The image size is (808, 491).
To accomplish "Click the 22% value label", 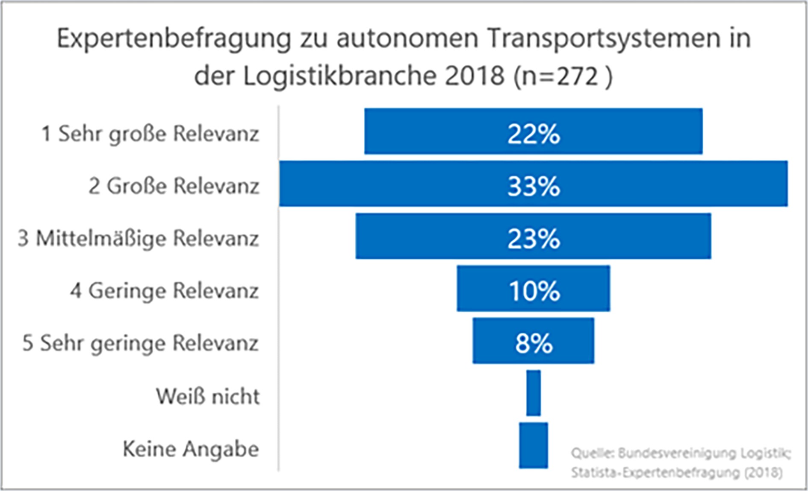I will tap(533, 134).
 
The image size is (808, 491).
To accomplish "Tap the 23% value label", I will tap(533, 238).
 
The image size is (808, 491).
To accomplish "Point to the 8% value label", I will tap(533, 343).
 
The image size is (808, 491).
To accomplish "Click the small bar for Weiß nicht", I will tap(533, 393).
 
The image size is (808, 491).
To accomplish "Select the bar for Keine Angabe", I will tap(533, 445).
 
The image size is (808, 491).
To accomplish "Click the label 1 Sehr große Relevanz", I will tap(150, 134).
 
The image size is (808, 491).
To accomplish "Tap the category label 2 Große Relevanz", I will tap(174, 186).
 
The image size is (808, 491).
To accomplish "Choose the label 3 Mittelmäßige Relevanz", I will tap(138, 238).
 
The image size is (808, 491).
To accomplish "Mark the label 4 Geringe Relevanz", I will tap(165, 291).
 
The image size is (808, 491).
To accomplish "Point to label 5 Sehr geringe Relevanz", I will tap(140, 343).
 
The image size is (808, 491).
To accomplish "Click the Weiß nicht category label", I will tap(208, 396).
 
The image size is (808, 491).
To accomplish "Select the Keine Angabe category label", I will tap(191, 449).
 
